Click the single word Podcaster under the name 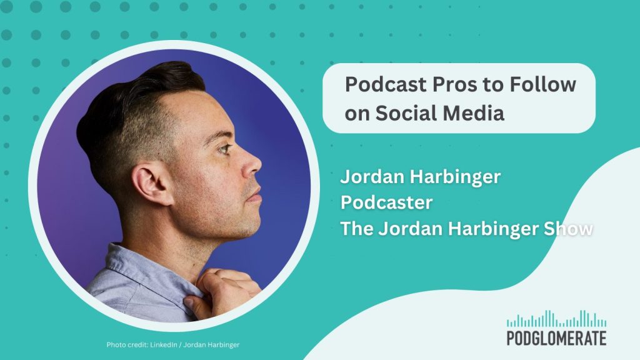tap(386, 202)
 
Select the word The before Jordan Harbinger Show tap(357, 229)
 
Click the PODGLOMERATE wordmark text tap(556, 338)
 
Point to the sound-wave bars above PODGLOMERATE tap(556, 319)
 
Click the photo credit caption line tap(173, 345)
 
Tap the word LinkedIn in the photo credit tap(164, 345)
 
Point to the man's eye tap(224, 148)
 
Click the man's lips tap(255, 194)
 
